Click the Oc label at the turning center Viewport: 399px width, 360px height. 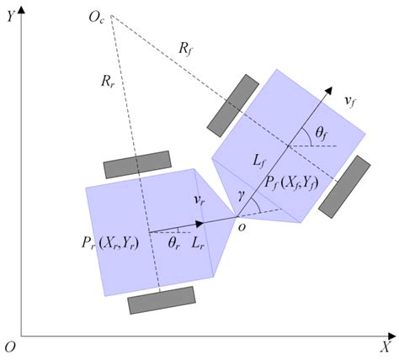(96, 17)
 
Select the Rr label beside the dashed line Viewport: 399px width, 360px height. (106, 82)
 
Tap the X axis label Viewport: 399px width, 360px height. (384, 347)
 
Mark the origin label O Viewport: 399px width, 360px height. (9, 347)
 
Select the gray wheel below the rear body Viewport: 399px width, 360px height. (161, 300)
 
